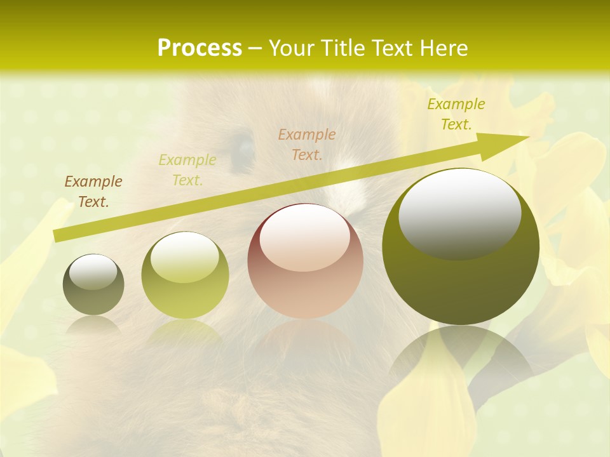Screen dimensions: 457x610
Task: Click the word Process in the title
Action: coord(200,48)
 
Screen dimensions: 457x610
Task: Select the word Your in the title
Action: coord(290,48)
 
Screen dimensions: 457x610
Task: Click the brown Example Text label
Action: coord(93,191)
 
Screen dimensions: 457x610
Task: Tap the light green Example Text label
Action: coord(187,169)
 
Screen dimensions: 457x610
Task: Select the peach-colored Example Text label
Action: coord(307,144)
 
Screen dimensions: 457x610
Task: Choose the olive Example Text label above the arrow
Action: coord(456,114)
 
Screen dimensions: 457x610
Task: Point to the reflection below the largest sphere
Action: coord(461,355)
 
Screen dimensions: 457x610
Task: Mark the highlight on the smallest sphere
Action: coord(93,272)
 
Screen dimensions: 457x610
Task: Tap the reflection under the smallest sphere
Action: coord(93,325)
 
